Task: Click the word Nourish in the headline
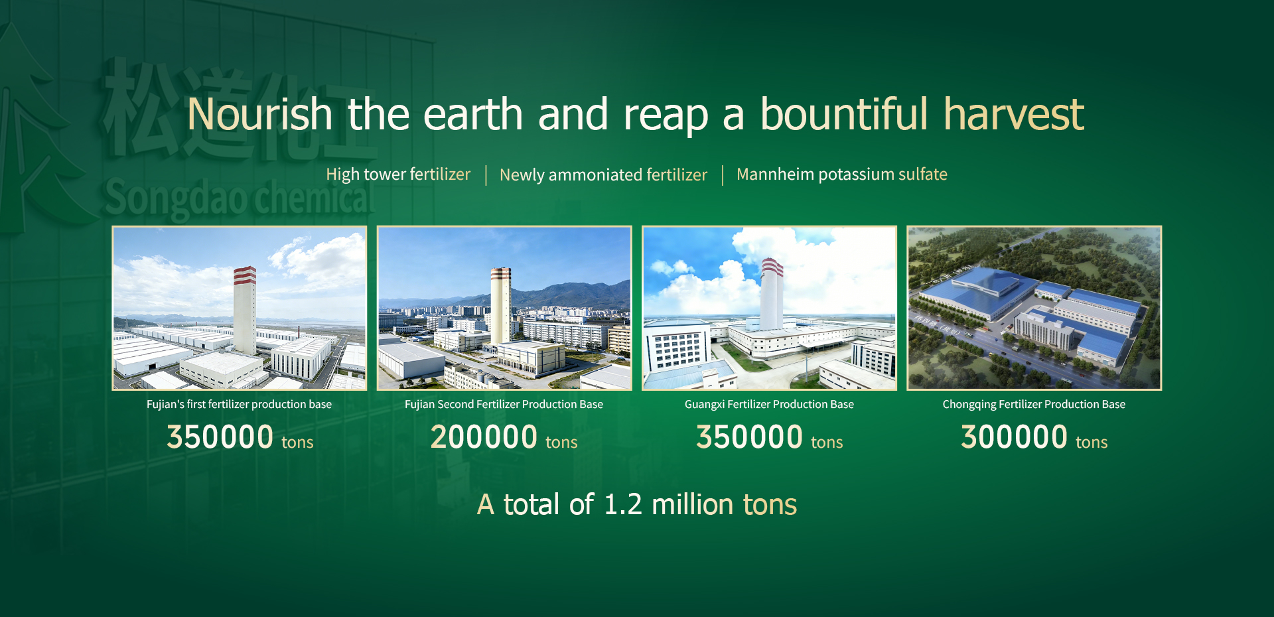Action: pos(259,114)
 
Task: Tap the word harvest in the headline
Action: pos(1014,114)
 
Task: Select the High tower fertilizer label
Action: pos(398,174)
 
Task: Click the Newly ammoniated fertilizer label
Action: pos(603,175)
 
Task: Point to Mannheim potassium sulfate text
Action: pos(842,174)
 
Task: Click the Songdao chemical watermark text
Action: pos(240,198)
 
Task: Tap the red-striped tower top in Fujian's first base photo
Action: pos(245,275)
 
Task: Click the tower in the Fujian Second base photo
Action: pos(500,305)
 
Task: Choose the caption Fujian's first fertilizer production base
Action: pos(239,404)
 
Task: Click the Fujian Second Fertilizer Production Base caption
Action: pos(504,404)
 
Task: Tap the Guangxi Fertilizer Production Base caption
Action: pos(769,404)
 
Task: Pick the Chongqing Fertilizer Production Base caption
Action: pos(1034,404)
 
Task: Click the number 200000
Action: pos(484,437)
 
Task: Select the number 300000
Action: pos(1014,437)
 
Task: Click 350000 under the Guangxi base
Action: pos(749,437)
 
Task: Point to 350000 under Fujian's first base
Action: pos(220,437)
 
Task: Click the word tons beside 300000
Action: pos(1092,443)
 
